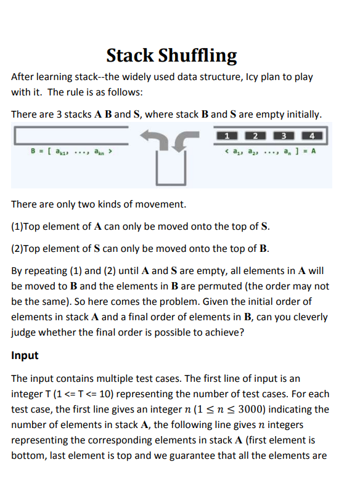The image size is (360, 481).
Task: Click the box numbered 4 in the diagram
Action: tap(312, 135)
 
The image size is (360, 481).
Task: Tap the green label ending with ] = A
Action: tap(272, 150)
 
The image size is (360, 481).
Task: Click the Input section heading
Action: tap(25, 355)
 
